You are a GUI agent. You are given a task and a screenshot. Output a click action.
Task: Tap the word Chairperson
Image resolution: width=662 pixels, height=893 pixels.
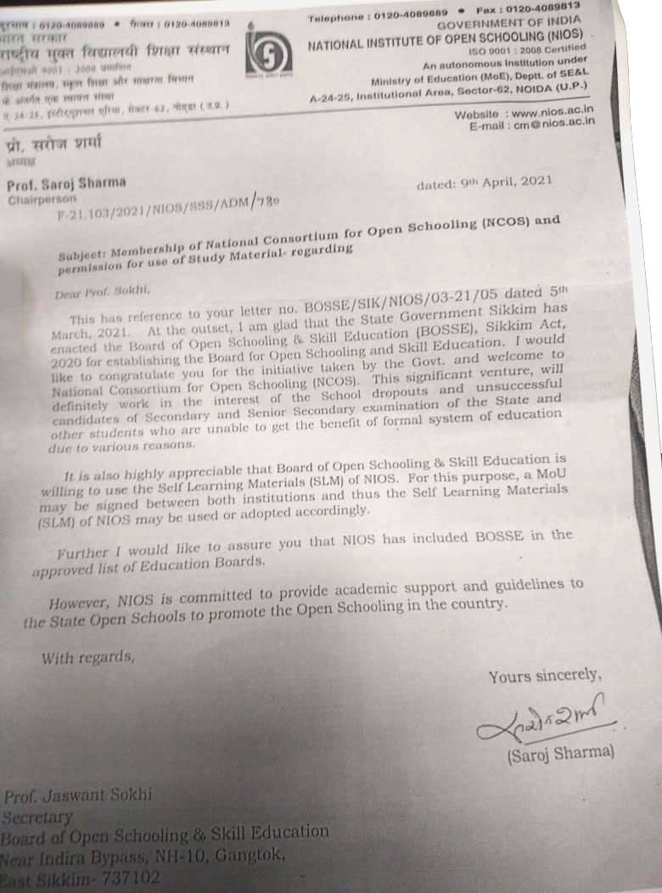click(40, 200)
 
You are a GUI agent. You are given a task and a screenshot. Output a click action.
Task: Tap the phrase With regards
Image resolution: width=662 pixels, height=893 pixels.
click(87, 658)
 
